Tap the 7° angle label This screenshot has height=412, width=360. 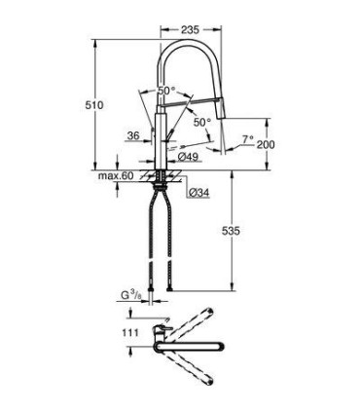[248, 139]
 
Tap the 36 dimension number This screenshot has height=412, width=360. [132, 136]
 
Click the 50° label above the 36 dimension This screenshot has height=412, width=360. [165, 91]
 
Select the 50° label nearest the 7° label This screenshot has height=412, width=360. [200, 123]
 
